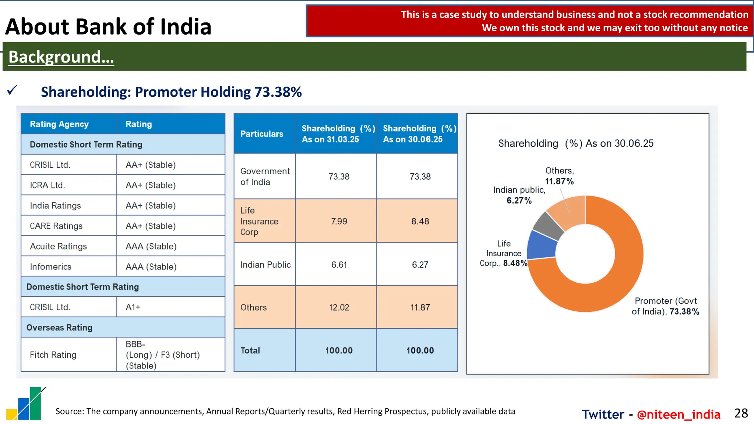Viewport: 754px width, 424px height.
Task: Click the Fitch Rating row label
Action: [x=53, y=355]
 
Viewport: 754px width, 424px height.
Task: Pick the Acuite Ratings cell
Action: [x=58, y=246]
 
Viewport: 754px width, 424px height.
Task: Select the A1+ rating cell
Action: [x=133, y=307]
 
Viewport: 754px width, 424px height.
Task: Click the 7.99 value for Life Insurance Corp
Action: [x=339, y=221]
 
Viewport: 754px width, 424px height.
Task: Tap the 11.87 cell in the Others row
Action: [x=420, y=307]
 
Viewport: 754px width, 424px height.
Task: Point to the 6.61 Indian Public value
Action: [x=339, y=265]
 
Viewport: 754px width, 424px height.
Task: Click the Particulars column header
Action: [x=262, y=134]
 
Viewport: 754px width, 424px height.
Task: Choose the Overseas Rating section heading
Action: [x=59, y=328]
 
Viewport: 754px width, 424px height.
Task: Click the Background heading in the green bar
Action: [x=61, y=57]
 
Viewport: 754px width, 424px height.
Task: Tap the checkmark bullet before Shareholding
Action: [x=12, y=90]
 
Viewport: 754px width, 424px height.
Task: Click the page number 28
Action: [x=741, y=413]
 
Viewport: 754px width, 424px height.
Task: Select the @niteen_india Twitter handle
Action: [x=678, y=414]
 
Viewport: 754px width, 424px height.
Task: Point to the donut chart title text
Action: [x=575, y=143]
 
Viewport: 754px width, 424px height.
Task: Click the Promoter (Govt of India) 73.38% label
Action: [x=665, y=306]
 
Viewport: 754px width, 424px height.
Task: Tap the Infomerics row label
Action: [x=50, y=267]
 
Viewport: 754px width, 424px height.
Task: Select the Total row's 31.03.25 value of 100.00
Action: [x=339, y=350]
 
